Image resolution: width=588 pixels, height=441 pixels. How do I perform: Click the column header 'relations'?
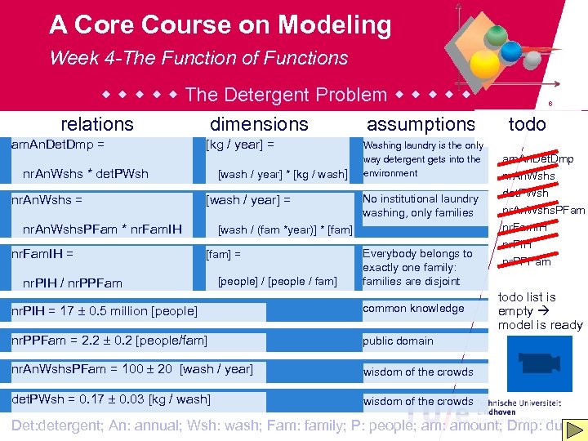click(97, 124)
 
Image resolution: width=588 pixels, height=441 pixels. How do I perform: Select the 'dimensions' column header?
click(259, 124)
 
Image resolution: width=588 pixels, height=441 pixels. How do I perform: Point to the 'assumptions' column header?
click(421, 124)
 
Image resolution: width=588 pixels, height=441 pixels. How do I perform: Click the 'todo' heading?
click(528, 124)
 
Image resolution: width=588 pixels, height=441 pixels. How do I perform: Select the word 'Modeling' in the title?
click(335, 25)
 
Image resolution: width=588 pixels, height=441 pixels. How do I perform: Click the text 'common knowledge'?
click(413, 309)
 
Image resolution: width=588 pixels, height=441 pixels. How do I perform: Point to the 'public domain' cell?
click(398, 341)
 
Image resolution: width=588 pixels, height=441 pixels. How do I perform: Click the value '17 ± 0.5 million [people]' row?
click(104, 310)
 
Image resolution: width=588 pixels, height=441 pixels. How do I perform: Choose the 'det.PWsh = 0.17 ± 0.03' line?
click(110, 399)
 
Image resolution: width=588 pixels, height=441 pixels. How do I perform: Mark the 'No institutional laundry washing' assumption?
click(421, 206)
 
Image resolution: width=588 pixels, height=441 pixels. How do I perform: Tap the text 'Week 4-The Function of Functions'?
click(198, 58)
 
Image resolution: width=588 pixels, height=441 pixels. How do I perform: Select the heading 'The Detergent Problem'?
click(286, 95)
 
